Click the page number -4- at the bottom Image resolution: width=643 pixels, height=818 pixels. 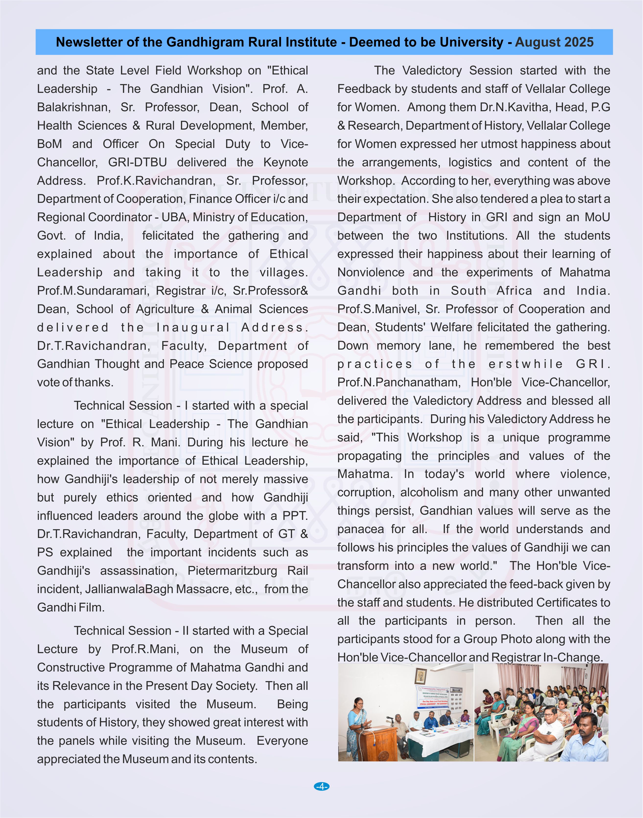click(321, 786)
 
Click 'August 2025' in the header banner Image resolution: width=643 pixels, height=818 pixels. click(554, 42)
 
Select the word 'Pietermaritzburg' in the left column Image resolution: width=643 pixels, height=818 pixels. click(232, 571)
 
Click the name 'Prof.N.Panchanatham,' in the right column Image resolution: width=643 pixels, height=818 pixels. click(399, 382)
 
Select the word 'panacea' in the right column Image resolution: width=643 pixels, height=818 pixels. click(360, 529)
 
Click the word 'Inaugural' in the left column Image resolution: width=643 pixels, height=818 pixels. click(193, 328)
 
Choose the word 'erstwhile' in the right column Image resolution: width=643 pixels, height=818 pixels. click(526, 364)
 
